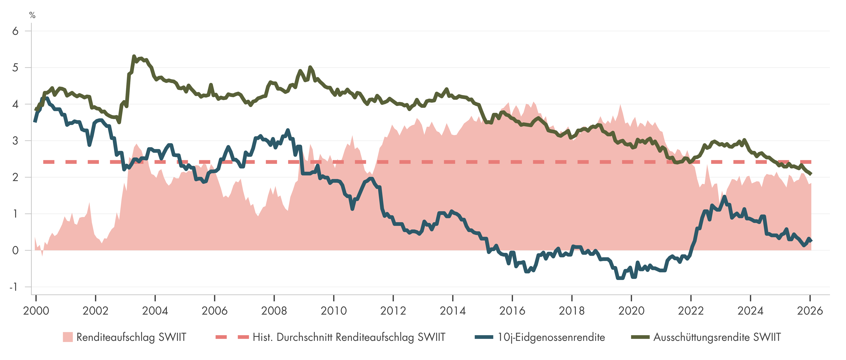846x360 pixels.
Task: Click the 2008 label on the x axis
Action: click(x=274, y=310)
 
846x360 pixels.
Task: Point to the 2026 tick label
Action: click(x=810, y=310)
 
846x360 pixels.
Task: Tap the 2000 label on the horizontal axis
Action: click(x=36, y=310)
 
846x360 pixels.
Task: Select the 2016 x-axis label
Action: click(x=512, y=310)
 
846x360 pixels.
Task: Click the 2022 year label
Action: click(x=691, y=310)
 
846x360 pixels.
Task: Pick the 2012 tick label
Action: click(x=393, y=310)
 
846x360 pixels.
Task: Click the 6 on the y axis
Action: click(x=15, y=31)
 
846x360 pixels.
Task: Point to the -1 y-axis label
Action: click(x=13, y=287)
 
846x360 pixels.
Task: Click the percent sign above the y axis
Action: click(x=32, y=15)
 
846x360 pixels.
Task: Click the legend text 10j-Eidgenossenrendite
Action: click(x=551, y=337)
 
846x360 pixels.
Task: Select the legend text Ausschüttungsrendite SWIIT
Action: click(x=717, y=337)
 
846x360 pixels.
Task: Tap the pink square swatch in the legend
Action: click(x=68, y=337)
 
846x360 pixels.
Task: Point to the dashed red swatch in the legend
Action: click(x=232, y=337)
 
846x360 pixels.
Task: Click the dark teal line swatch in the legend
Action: click(x=484, y=337)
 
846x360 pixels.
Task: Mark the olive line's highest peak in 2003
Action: click(x=134, y=56)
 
